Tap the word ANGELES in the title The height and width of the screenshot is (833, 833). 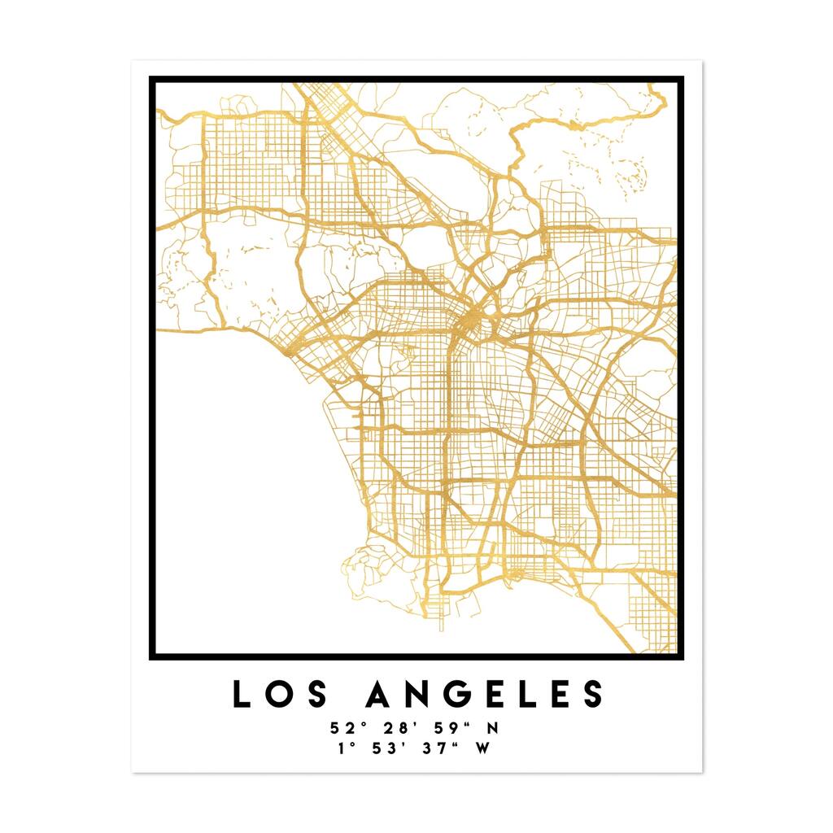coord(486,694)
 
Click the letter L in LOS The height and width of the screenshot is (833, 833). coord(242,694)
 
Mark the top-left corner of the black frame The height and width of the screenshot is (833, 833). coord(152,79)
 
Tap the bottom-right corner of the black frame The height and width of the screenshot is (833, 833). coord(680,656)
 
